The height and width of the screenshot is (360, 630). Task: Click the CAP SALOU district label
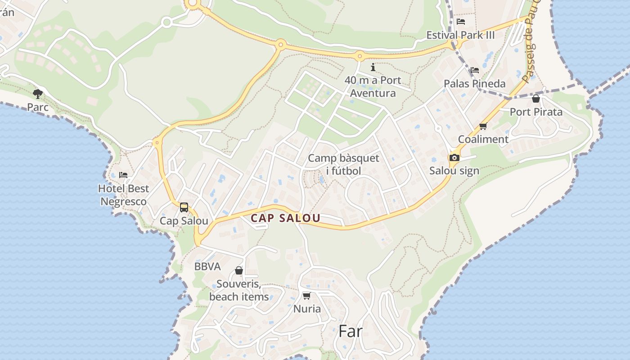click(285, 218)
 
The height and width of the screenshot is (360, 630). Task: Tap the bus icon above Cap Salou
click(184, 207)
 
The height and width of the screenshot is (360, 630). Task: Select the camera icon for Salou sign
click(454, 157)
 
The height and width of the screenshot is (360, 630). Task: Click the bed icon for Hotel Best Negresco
click(123, 175)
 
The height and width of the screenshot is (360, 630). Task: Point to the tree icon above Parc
click(38, 94)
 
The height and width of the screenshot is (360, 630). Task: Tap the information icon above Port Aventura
click(373, 67)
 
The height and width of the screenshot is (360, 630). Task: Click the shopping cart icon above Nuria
click(306, 296)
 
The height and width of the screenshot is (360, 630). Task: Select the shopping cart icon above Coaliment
click(483, 126)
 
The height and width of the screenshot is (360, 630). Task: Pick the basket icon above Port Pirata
click(535, 99)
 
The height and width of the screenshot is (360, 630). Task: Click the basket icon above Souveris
click(239, 270)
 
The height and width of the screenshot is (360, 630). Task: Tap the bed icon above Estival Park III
click(460, 22)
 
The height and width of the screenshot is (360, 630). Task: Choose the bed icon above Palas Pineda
click(474, 70)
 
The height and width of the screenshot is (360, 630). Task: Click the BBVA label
click(207, 266)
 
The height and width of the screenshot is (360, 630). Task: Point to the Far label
click(350, 331)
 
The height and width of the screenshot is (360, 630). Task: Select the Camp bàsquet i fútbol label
click(344, 164)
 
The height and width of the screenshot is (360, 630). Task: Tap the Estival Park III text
click(460, 35)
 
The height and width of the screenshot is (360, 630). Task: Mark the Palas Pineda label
click(474, 84)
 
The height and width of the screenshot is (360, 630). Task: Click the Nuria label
click(307, 309)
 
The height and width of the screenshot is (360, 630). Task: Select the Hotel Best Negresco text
click(123, 195)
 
